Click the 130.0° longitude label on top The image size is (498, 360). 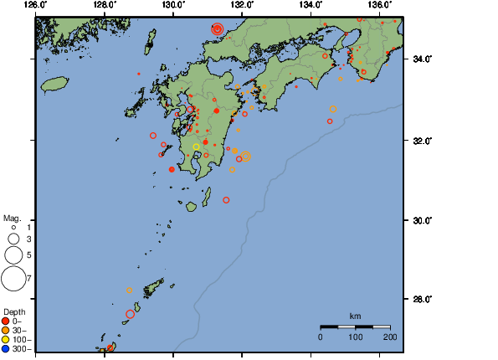tap(172, 5)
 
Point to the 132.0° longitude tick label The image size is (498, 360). tap(242, 5)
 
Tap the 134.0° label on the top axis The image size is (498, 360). tap(311, 5)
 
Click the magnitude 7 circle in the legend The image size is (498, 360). tap(13, 277)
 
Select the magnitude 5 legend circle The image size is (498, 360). tap(13, 254)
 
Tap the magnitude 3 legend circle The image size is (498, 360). tap(13, 239)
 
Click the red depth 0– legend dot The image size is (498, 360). tap(6, 321)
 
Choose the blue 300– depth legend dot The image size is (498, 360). tap(6, 348)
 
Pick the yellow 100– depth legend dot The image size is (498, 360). tap(6, 339)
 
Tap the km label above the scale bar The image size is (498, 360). tap(355, 316)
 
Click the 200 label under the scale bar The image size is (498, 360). tap(390, 337)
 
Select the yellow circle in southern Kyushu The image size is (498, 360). tap(197, 147)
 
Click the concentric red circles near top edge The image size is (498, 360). tap(218, 28)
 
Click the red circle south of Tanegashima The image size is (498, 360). tap(226, 200)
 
